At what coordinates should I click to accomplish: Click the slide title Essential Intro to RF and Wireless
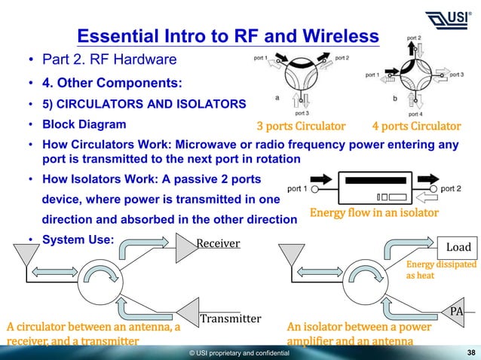[228, 36]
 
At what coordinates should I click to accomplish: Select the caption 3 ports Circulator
[301, 125]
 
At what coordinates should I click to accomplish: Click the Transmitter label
[230, 319]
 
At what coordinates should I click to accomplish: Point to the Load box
[458, 246]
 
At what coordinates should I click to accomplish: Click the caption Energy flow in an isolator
[374, 213]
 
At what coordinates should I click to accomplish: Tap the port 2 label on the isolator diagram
[450, 188]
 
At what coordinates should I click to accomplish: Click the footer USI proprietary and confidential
[239, 352]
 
